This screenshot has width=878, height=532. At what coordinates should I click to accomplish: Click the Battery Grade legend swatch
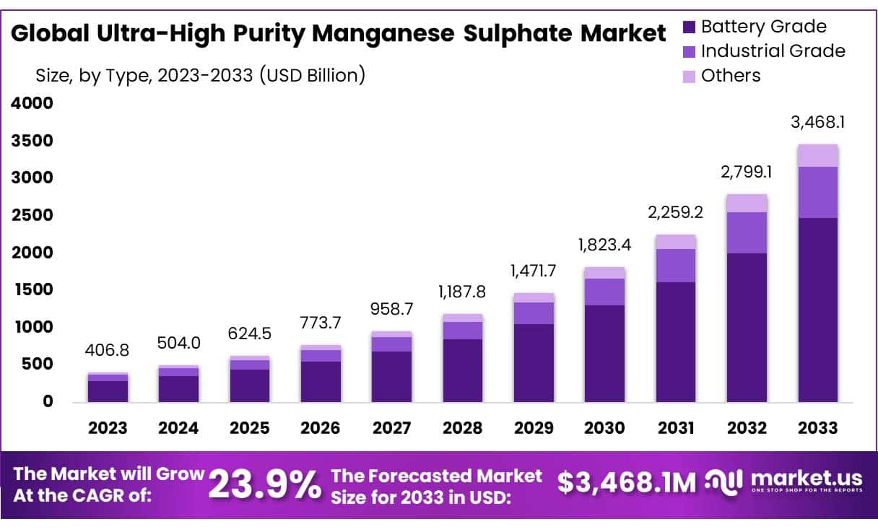[x=688, y=27]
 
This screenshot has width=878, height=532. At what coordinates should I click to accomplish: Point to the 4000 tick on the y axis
[x=31, y=103]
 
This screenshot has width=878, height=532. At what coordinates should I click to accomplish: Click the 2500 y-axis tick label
[x=31, y=215]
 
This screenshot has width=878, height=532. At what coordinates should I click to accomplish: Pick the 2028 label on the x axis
[x=462, y=428]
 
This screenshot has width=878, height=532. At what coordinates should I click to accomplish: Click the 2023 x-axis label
[x=108, y=428]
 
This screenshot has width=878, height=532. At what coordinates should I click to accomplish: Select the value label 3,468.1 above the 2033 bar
[x=818, y=122]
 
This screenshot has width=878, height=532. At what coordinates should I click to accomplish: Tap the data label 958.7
[x=391, y=309]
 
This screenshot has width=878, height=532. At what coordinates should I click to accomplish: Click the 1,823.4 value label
[x=604, y=245]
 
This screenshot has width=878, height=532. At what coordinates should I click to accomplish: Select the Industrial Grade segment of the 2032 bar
[x=747, y=232]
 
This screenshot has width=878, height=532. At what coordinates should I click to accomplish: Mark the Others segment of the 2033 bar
[x=818, y=155]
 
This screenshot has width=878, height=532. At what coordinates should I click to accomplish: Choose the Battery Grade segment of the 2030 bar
[x=604, y=353]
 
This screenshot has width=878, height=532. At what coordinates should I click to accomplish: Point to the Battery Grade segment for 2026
[x=321, y=381]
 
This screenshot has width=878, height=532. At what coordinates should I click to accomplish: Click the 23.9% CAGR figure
[x=264, y=484]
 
